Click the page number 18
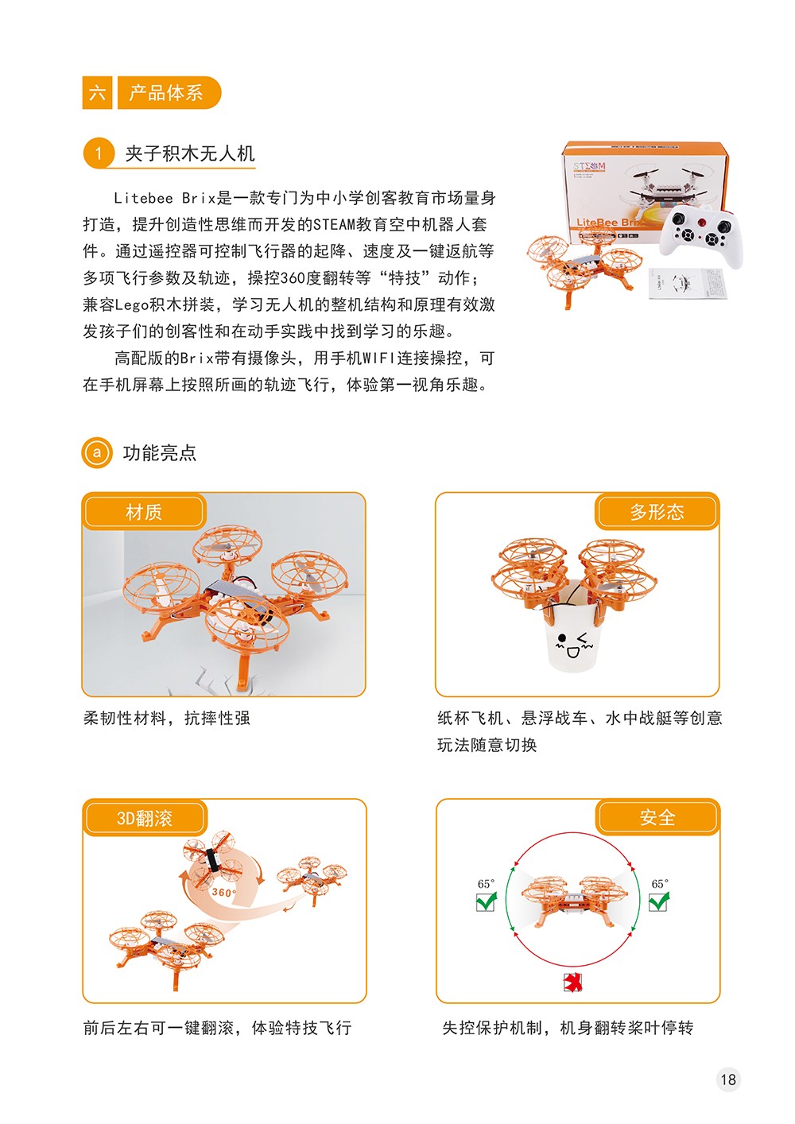tap(727, 1079)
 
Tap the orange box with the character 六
tap(97, 92)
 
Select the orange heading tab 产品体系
tap(169, 92)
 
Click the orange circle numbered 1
tap(99, 153)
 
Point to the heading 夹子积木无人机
tap(190, 153)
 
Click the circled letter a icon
tap(96, 452)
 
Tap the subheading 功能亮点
tap(160, 452)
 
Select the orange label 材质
tap(144, 511)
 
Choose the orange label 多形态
tap(657, 511)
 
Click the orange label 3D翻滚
tap(145, 818)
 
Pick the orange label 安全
tap(657, 817)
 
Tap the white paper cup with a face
tap(572, 626)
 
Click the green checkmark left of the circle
tap(487, 901)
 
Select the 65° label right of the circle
tap(660, 884)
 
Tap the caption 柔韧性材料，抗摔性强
tap(167, 718)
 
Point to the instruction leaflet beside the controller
tap(688, 284)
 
